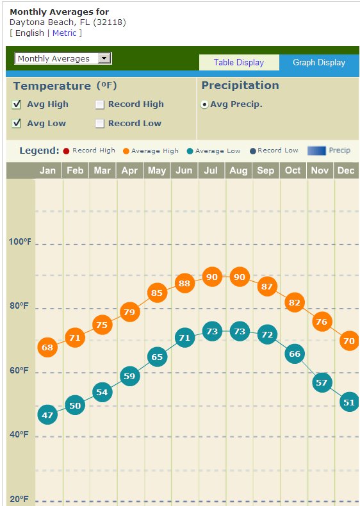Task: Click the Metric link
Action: tap(64, 33)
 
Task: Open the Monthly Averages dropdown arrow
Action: tap(104, 58)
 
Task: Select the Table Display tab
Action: tap(239, 62)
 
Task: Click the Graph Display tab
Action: tap(319, 62)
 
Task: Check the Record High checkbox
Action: tap(100, 104)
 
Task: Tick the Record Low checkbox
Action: tap(100, 124)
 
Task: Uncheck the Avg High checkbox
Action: tap(17, 104)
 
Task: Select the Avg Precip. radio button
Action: tap(204, 104)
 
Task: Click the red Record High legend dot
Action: tap(66, 151)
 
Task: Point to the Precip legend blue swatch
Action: tap(316, 151)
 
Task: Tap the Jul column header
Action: tap(211, 170)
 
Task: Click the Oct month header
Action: tap(293, 170)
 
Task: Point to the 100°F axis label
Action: tap(20, 241)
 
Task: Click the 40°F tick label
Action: tap(19, 434)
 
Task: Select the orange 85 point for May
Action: tap(157, 293)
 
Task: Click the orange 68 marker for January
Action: tap(47, 347)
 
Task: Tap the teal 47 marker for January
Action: tap(47, 414)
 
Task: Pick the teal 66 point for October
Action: tap(295, 354)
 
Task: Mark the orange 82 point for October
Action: tap(295, 302)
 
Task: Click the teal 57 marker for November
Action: tap(322, 382)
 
